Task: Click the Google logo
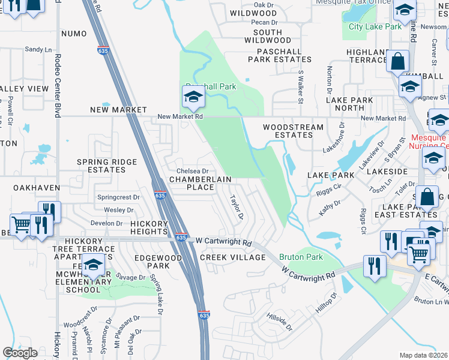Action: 20,353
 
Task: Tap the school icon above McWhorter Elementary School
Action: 94,265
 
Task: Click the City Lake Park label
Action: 375,26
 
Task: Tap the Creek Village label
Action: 232,257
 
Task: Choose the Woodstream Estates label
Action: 293,131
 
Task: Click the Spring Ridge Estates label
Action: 101,166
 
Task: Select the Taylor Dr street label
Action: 237,206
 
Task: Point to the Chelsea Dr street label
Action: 192,172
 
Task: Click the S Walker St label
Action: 300,87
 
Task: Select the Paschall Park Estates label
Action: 280,55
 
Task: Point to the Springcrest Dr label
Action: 118,197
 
